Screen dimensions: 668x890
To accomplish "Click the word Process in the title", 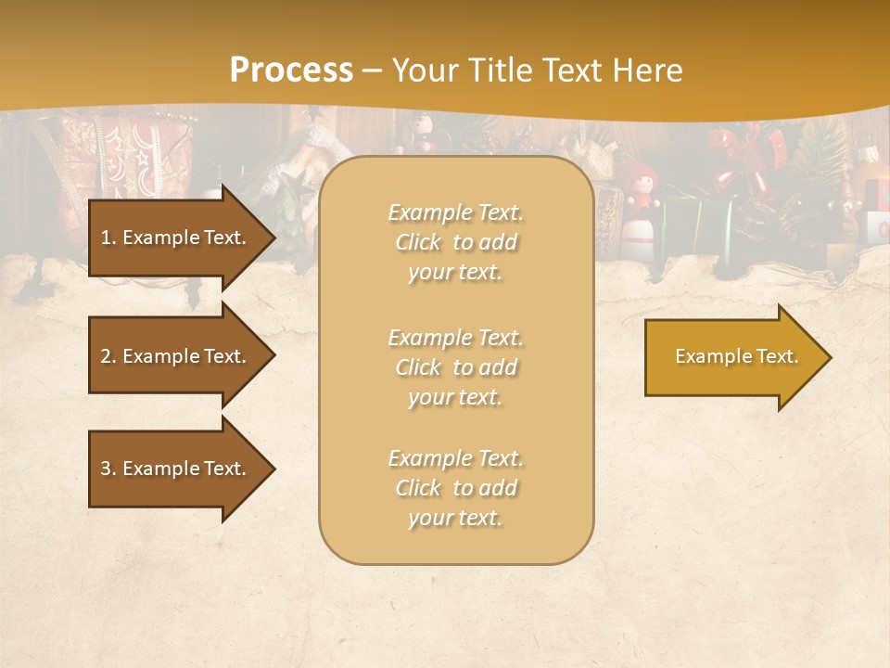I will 291,71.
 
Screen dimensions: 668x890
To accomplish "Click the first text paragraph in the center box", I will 455,242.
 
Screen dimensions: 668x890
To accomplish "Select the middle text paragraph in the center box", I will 455,367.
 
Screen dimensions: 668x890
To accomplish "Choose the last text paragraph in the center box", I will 455,488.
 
